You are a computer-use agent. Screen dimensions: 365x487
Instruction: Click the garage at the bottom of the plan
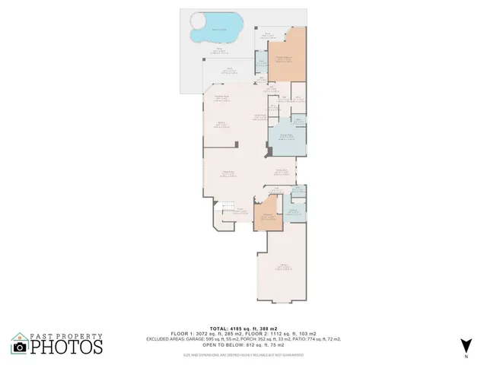click(286, 268)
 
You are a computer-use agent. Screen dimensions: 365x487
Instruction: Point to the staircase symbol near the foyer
click(225, 207)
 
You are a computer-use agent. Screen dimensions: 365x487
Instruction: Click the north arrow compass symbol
click(466, 345)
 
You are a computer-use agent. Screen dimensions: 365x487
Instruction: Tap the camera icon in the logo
click(20, 347)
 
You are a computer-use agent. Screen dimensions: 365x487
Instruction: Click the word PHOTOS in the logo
click(66, 347)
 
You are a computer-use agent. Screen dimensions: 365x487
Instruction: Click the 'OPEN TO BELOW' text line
click(243, 344)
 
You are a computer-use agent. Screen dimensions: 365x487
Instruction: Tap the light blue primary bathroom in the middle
click(288, 138)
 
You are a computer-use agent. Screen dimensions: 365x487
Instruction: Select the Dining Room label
click(281, 170)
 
